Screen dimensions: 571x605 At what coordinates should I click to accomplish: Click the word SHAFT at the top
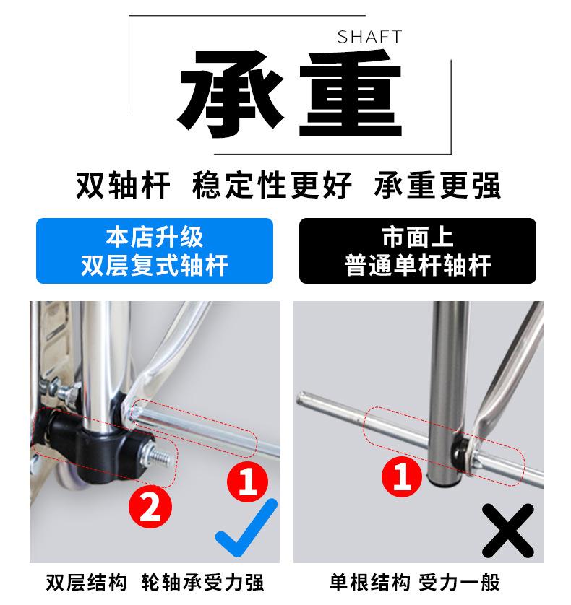click(369, 37)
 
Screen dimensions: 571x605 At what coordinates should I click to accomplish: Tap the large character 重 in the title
click(351, 94)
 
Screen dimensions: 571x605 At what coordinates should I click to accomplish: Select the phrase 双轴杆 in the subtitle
click(123, 186)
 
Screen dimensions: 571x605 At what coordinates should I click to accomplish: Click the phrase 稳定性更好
click(272, 186)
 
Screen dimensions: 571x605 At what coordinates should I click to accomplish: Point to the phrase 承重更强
click(437, 186)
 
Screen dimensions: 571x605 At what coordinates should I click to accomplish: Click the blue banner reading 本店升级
click(155, 251)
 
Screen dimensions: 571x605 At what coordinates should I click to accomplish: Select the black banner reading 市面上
click(418, 251)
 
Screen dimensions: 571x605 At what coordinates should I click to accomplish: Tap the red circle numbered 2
click(150, 507)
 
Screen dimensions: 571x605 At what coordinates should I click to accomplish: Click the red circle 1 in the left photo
click(247, 482)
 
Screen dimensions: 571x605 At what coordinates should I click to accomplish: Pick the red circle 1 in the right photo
click(402, 476)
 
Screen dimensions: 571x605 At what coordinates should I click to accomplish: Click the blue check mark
click(246, 528)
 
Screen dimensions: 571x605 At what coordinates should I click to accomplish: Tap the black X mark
click(508, 530)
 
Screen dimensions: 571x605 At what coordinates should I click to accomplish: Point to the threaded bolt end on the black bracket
click(159, 456)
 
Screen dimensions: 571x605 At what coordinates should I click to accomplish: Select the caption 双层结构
click(87, 583)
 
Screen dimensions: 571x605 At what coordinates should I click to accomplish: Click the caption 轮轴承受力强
click(202, 583)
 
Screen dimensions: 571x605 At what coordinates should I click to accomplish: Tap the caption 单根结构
click(370, 583)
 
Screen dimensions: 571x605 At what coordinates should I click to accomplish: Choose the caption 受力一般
click(460, 583)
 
